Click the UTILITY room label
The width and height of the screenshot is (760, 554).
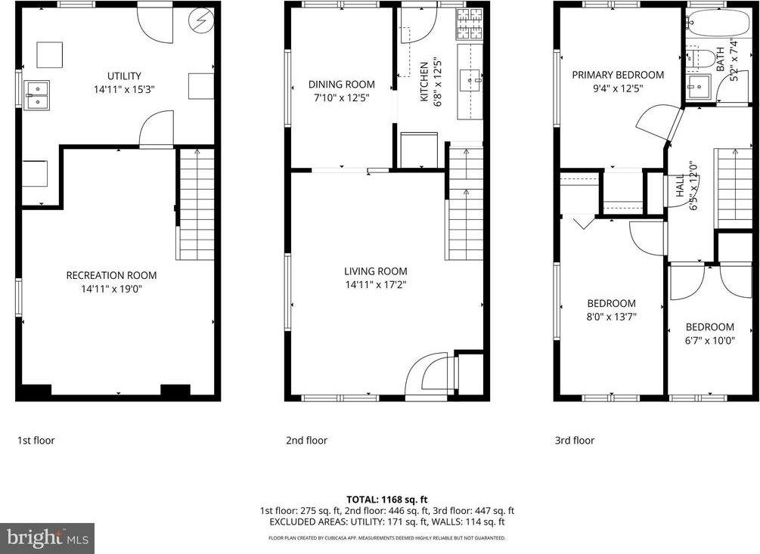click(124, 76)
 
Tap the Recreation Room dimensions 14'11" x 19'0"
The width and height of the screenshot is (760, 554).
click(111, 288)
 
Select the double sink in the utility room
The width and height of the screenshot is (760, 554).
click(36, 95)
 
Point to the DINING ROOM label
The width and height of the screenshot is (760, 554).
click(341, 85)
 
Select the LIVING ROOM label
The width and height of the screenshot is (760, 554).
click(375, 271)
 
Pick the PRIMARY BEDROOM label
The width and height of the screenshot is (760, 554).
click(618, 75)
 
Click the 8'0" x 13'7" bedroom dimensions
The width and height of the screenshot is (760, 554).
click(611, 317)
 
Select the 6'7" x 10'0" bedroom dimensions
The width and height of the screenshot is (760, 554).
click(709, 341)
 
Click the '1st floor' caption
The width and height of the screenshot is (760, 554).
click(36, 441)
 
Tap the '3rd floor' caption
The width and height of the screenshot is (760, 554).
click(575, 441)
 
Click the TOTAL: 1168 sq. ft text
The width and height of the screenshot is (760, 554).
click(387, 500)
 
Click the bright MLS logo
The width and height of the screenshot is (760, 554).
click(47, 538)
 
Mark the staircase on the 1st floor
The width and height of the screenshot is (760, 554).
click(197, 204)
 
